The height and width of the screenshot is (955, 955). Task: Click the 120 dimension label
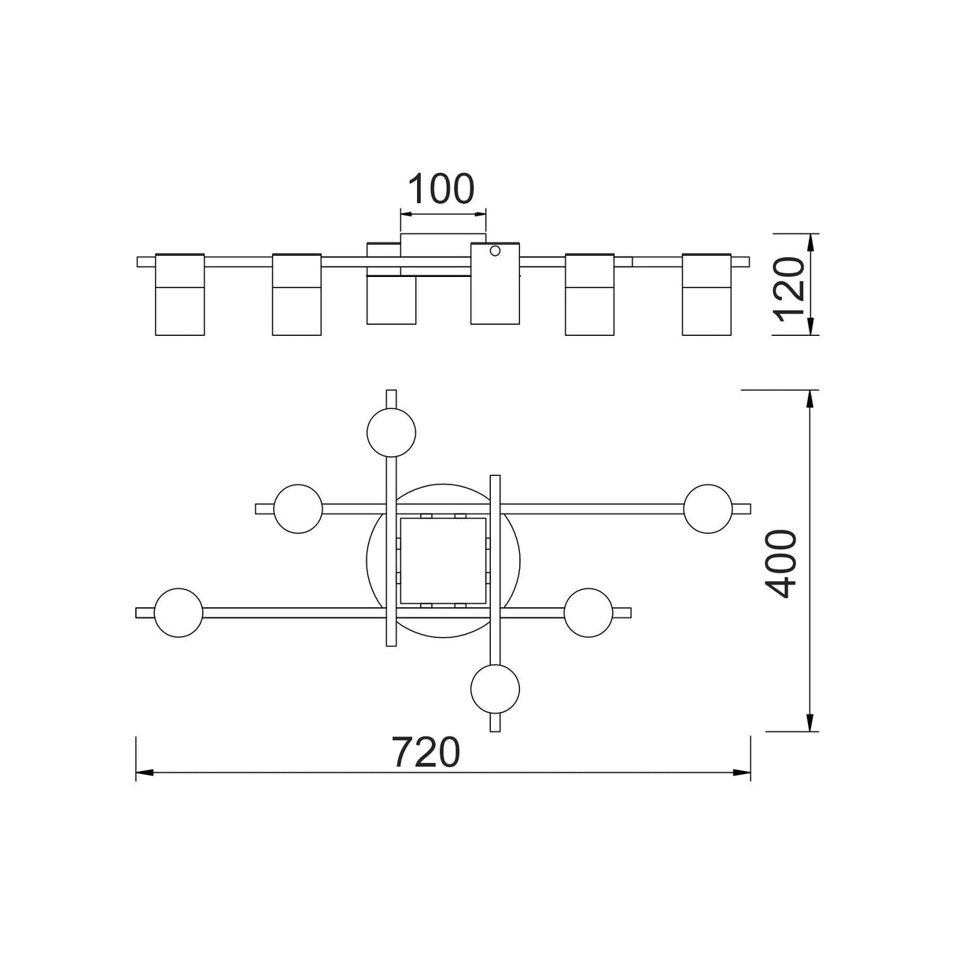coord(791,289)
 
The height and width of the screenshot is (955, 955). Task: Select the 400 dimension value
coord(780,564)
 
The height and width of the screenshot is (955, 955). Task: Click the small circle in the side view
coord(495,251)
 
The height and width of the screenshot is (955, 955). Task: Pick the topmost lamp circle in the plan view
coord(391,432)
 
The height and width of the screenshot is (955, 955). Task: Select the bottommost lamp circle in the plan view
coord(495,689)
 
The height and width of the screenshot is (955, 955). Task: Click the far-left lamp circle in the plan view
coord(179,613)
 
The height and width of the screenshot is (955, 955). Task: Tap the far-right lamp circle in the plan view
coord(708,509)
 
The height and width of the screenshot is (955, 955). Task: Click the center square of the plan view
coord(443,561)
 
